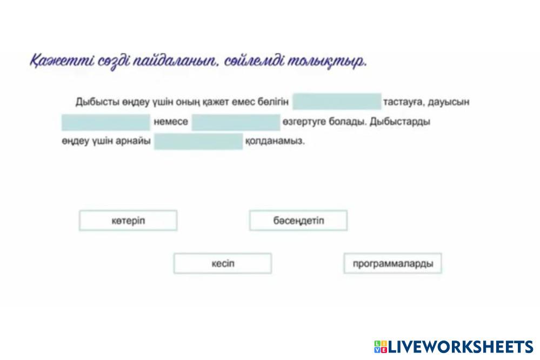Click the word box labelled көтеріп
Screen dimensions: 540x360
pyautogui.click(x=128, y=221)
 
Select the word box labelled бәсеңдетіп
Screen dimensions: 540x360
pyautogui.click(x=298, y=221)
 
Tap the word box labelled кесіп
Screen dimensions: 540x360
pyautogui.click(x=223, y=264)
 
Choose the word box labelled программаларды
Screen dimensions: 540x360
pyautogui.click(x=392, y=264)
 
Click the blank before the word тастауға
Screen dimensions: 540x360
pyautogui.click(x=337, y=102)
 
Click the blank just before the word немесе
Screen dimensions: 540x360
pyautogui.click(x=106, y=122)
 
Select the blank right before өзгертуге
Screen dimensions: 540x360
pyautogui.click(x=236, y=122)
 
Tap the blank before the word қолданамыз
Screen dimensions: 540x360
pyautogui.click(x=198, y=142)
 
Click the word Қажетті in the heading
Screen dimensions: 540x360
pyautogui.click(x=62, y=61)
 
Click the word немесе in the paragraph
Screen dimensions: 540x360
pyautogui.click(x=171, y=122)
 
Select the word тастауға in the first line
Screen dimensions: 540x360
pyautogui.click(x=403, y=102)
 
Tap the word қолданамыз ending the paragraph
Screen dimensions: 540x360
pyautogui.click(x=275, y=141)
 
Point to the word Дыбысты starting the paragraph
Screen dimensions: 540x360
pyautogui.click(x=98, y=102)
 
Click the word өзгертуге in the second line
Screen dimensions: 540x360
pyautogui.click(x=304, y=122)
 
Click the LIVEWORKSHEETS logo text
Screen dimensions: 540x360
pyautogui.click(x=461, y=346)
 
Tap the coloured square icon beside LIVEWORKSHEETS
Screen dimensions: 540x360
pyautogui.click(x=381, y=346)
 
